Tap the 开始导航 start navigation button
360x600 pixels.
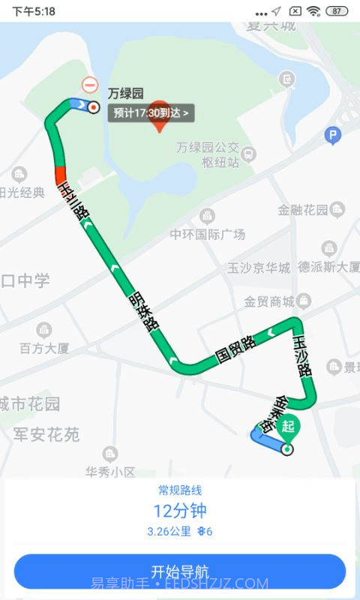coord(180,571)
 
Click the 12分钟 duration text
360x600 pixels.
coord(180,511)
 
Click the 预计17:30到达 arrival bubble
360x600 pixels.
coord(152,113)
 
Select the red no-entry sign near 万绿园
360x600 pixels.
coord(90,85)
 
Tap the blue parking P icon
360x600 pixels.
coord(333,136)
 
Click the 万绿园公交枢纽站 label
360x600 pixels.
coord(208,154)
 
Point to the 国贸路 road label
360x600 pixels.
coord(235,349)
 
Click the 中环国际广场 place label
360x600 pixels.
coord(207,234)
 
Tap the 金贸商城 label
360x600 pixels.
coord(269,302)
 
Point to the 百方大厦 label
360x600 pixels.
coord(44,348)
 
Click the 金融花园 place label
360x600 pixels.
coord(303,210)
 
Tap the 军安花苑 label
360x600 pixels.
coord(46,434)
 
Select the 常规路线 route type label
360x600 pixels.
coord(180,490)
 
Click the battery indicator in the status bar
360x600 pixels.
coord(337,11)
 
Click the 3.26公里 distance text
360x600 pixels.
coord(169,532)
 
